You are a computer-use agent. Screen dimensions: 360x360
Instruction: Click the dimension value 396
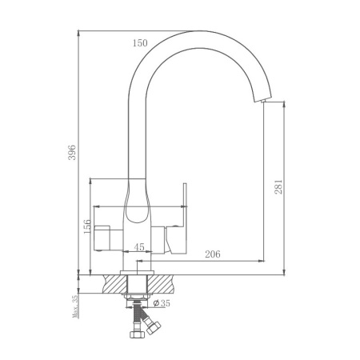pyautogui.click(x=72, y=151)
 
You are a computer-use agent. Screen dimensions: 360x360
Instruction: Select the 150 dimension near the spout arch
pyautogui.click(x=141, y=43)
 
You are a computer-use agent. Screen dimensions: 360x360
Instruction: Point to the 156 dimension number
pyautogui.click(x=87, y=226)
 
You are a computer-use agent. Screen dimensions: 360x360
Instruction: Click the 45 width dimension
pyautogui.click(x=138, y=247)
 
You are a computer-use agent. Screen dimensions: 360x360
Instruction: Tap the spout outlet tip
pyautogui.click(x=263, y=99)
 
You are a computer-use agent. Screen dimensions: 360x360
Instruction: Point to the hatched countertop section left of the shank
pyautogui.click(x=111, y=285)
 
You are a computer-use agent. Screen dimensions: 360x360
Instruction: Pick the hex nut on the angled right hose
pyautogui.click(x=154, y=326)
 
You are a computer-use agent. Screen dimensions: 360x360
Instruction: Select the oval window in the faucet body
pyautogui.click(x=137, y=210)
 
